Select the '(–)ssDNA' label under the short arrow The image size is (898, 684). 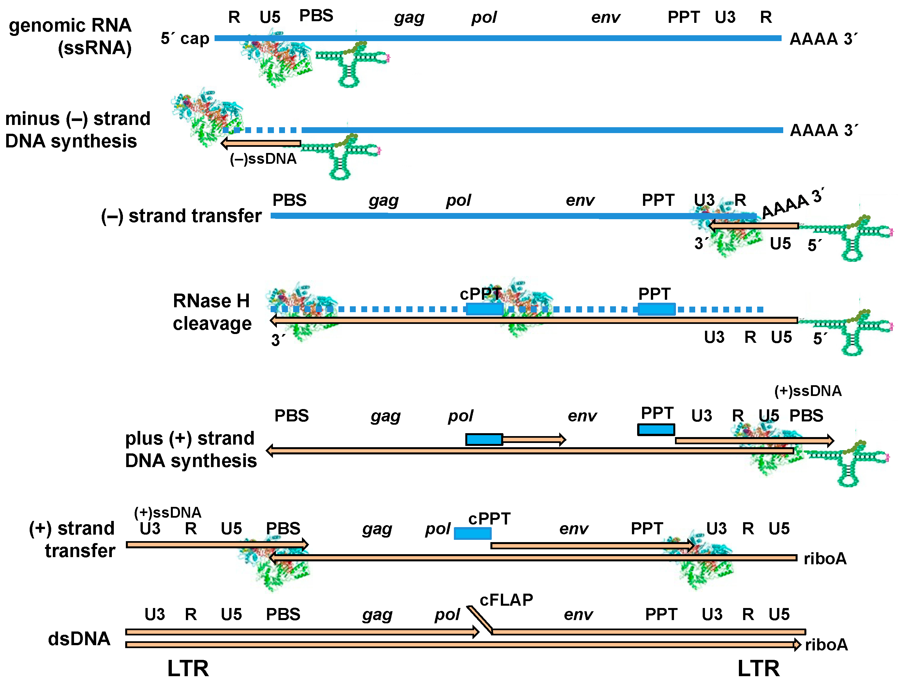[x=263, y=159]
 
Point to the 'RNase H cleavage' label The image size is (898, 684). [x=212, y=312]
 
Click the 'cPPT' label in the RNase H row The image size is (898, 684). [x=480, y=294]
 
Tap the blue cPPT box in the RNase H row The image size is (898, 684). [x=484, y=309]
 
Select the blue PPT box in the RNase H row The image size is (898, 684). [x=656, y=309]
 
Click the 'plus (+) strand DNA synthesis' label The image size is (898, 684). [x=190, y=449]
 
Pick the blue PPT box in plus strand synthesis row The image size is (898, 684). [x=656, y=430]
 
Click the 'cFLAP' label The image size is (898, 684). [x=506, y=600]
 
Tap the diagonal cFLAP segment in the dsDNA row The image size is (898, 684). [x=479, y=619]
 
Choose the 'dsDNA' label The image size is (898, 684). [x=79, y=638]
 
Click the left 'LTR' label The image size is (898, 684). [x=188, y=669]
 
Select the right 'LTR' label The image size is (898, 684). [x=758, y=669]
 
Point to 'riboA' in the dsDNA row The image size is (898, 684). [x=826, y=645]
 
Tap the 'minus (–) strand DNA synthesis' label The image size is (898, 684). [x=77, y=129]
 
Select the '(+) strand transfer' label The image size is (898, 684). [x=72, y=539]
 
